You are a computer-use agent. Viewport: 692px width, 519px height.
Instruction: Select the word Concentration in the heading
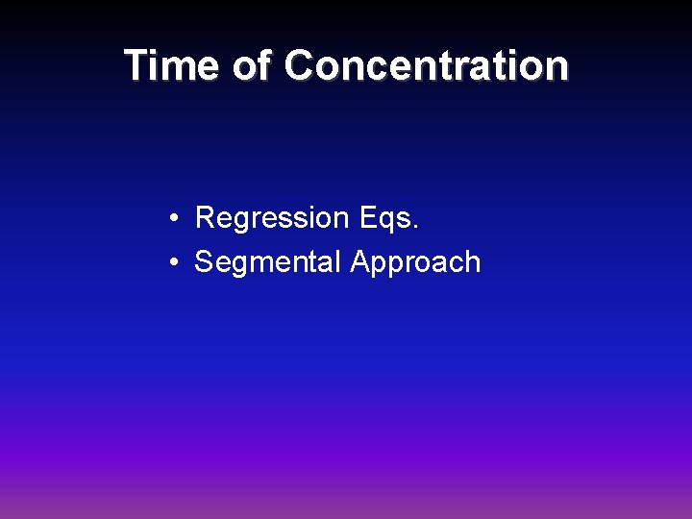click(x=427, y=65)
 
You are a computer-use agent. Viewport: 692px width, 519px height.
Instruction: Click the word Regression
click(x=272, y=219)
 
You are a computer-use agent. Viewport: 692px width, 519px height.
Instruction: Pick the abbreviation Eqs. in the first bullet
click(x=389, y=219)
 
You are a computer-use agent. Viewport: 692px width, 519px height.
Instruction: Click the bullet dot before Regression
click(x=169, y=219)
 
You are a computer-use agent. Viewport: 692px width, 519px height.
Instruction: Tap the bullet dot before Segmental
click(x=169, y=262)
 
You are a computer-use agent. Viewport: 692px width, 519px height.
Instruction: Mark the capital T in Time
click(x=137, y=65)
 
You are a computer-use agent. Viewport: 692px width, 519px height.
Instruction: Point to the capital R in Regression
click(x=205, y=218)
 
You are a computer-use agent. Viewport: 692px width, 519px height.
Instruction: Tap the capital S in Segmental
click(x=204, y=261)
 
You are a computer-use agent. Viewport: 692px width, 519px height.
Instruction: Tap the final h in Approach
click(x=472, y=261)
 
